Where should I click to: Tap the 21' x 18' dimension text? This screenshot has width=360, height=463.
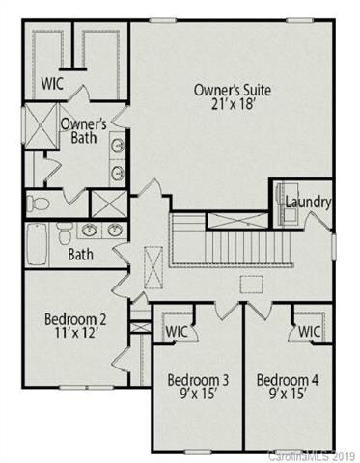[233, 105]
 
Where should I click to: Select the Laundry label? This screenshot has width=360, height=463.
[309, 203]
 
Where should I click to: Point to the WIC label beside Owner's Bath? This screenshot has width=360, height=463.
[53, 83]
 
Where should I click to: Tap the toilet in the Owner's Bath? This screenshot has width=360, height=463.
[36, 204]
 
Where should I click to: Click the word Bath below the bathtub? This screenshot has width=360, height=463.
[54, 257]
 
